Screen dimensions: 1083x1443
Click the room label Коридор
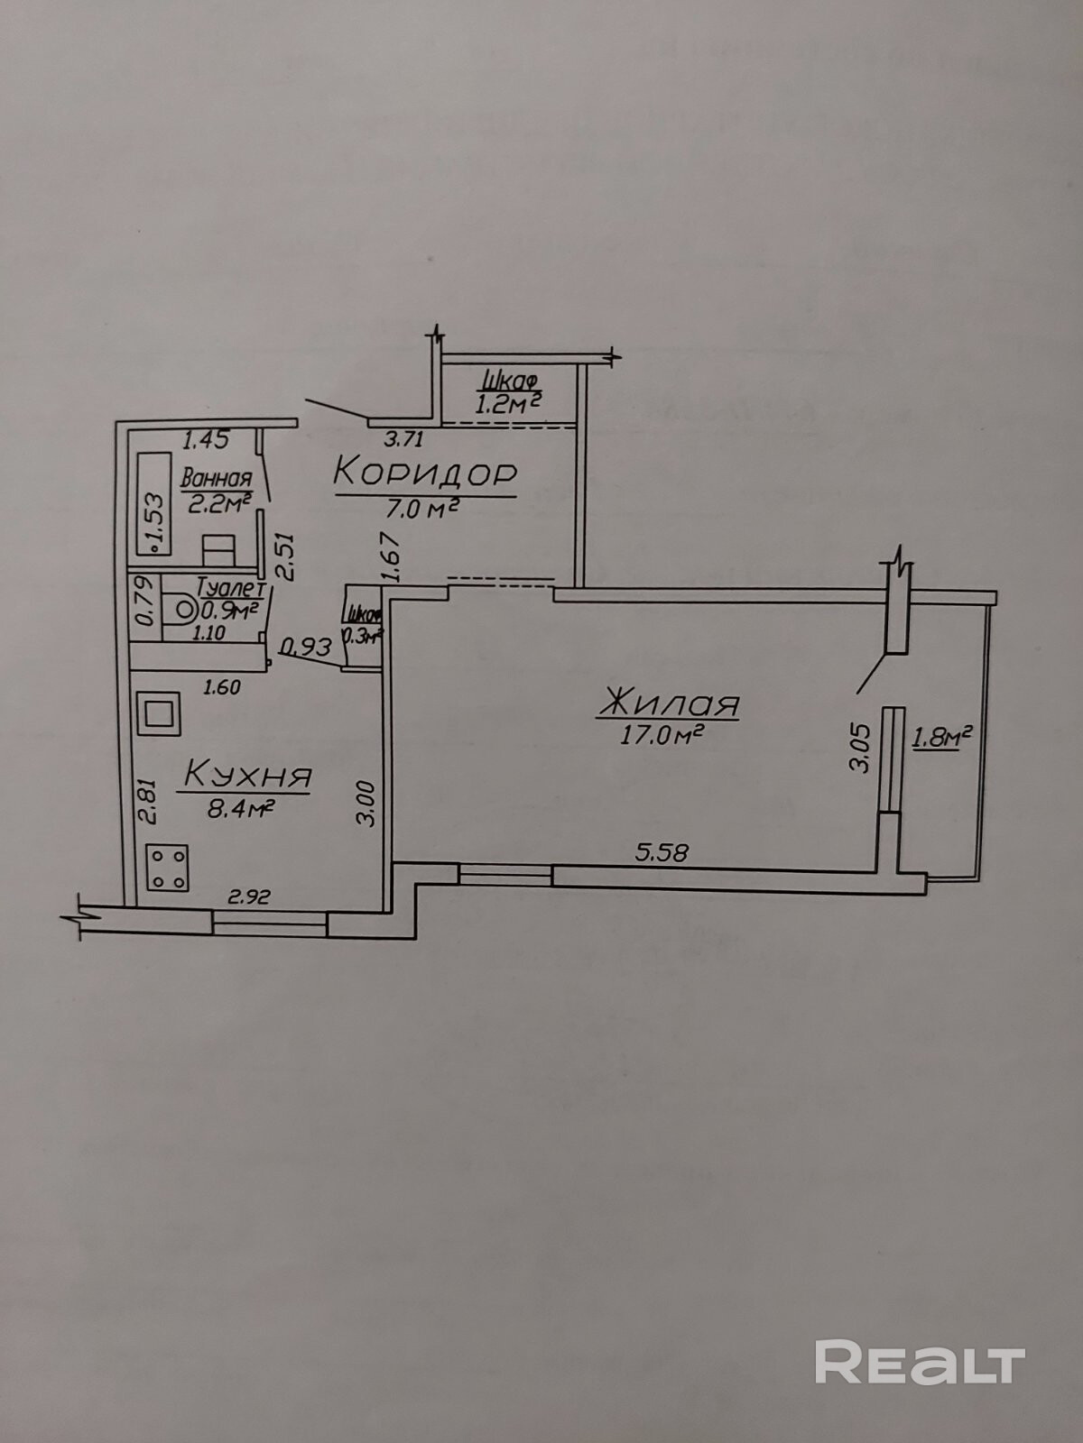point(425,472)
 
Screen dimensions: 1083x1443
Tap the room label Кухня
point(248,775)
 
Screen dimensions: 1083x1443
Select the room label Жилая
point(669,703)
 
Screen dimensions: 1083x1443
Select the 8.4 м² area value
point(241,808)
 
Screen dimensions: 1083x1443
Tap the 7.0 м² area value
point(423,510)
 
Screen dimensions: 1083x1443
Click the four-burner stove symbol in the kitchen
point(166,867)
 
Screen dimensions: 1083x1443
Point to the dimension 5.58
point(662,852)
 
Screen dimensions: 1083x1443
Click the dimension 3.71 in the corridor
point(403,440)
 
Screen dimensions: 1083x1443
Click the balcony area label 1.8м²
point(941,738)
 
